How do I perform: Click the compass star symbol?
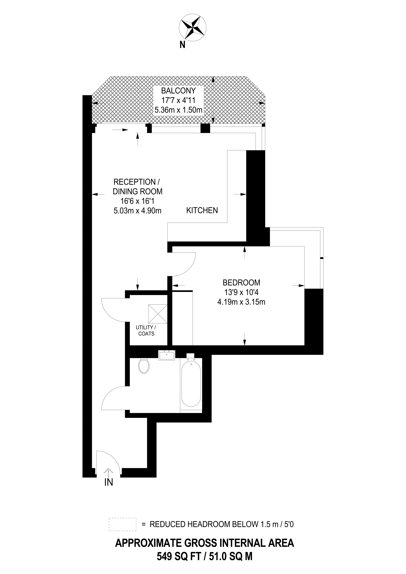tap(193, 27)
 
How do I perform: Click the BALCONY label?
tap(178, 91)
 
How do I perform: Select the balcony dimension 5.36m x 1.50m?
tap(178, 110)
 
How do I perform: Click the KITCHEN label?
tap(202, 210)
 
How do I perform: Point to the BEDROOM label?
tap(241, 283)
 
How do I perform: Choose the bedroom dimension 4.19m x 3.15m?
tap(241, 302)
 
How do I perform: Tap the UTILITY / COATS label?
tap(146, 331)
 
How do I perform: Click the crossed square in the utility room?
tap(158, 314)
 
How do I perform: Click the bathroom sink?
tap(167, 355)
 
